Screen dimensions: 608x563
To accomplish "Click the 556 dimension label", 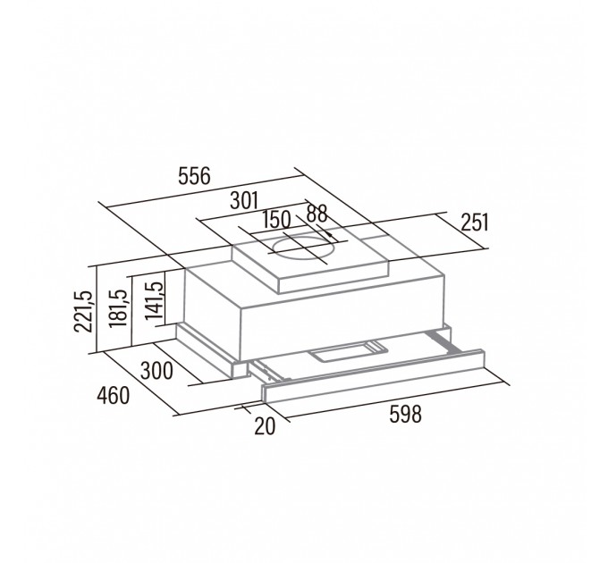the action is tap(194, 176).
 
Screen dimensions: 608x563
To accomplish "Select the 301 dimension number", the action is tap(244, 201).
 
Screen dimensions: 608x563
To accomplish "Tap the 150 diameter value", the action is tap(276, 220).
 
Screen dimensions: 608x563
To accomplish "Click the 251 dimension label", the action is tap(475, 223).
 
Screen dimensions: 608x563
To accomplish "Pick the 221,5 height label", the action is tap(83, 311).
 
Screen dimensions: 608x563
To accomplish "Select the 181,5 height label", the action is tap(118, 308).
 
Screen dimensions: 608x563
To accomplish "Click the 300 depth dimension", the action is tap(156, 371).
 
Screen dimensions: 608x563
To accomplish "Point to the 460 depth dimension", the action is tap(114, 396).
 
